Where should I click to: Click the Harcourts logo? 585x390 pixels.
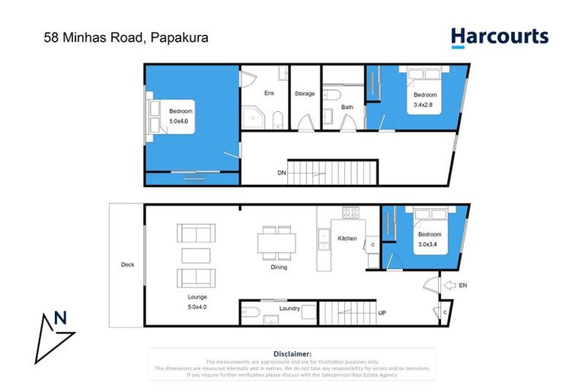click(499, 37)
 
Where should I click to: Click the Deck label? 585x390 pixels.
click(127, 265)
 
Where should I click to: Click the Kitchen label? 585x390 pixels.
click(347, 238)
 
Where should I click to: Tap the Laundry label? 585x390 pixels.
click(289, 308)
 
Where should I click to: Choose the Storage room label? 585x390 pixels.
click(305, 93)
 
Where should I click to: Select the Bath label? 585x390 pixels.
click(347, 107)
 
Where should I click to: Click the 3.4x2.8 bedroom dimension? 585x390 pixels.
click(425, 104)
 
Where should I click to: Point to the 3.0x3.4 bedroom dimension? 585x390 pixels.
click(429, 245)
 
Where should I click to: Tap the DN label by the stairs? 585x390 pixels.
click(281, 174)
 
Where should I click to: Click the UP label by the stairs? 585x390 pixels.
click(382, 312)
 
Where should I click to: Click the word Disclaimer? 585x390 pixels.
click(292, 353)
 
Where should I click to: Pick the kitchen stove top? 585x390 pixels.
click(350, 213)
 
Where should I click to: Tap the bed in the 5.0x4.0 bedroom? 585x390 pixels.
click(161, 116)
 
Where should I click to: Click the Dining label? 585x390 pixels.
click(279, 267)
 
